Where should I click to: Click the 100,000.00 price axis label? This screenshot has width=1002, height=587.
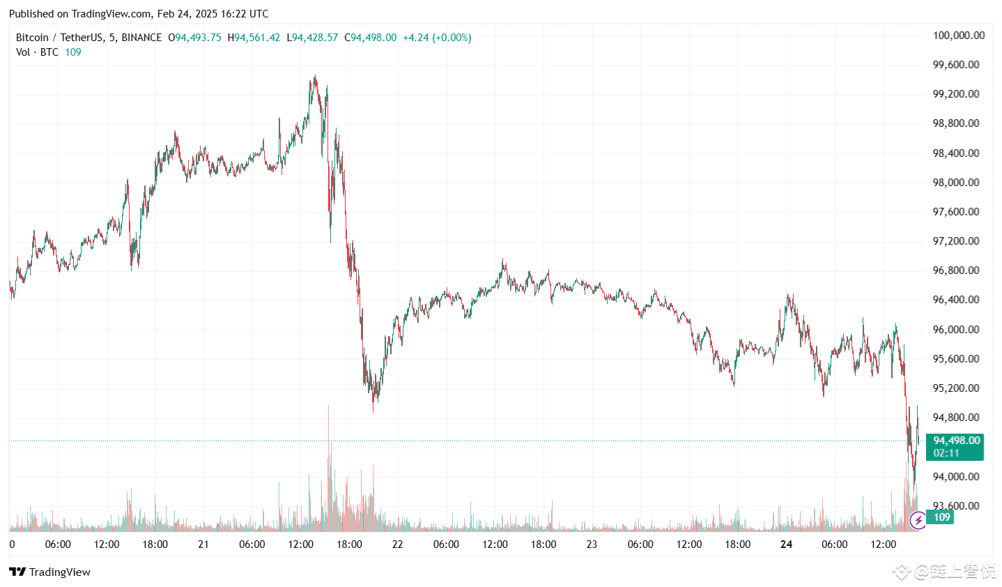[x=958, y=36]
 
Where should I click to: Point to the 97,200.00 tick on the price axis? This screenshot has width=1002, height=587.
[x=955, y=241]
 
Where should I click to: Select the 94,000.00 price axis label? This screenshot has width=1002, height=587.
[x=955, y=477]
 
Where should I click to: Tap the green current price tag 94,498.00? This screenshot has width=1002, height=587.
[x=956, y=441]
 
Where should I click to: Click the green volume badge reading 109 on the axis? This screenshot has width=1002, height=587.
[x=941, y=517]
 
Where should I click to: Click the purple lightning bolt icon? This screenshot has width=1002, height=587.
[x=918, y=519]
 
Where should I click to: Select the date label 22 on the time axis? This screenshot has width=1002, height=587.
[x=397, y=544]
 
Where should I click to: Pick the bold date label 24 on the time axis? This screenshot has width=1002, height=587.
[x=786, y=544]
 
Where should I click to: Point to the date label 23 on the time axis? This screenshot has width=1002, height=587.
[x=592, y=544]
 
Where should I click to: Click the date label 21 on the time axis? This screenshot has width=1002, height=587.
[x=203, y=544]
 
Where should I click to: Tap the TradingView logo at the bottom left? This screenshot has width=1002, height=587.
[x=50, y=572]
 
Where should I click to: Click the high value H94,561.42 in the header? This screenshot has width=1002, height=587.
[x=254, y=38]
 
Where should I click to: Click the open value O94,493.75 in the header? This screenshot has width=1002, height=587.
[x=194, y=38]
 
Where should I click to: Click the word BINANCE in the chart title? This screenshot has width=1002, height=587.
[x=141, y=38]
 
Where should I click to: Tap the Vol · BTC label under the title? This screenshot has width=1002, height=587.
[x=37, y=52]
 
